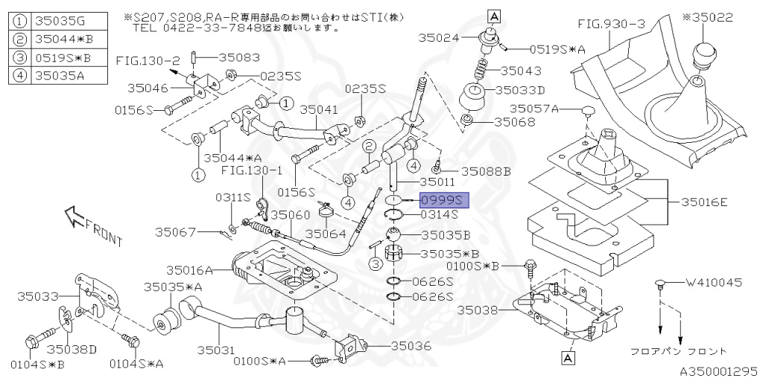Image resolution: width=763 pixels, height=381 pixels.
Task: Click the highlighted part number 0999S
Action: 442,200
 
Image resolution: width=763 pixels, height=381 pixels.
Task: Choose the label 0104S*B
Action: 34,365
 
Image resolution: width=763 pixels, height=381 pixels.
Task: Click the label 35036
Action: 411,345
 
